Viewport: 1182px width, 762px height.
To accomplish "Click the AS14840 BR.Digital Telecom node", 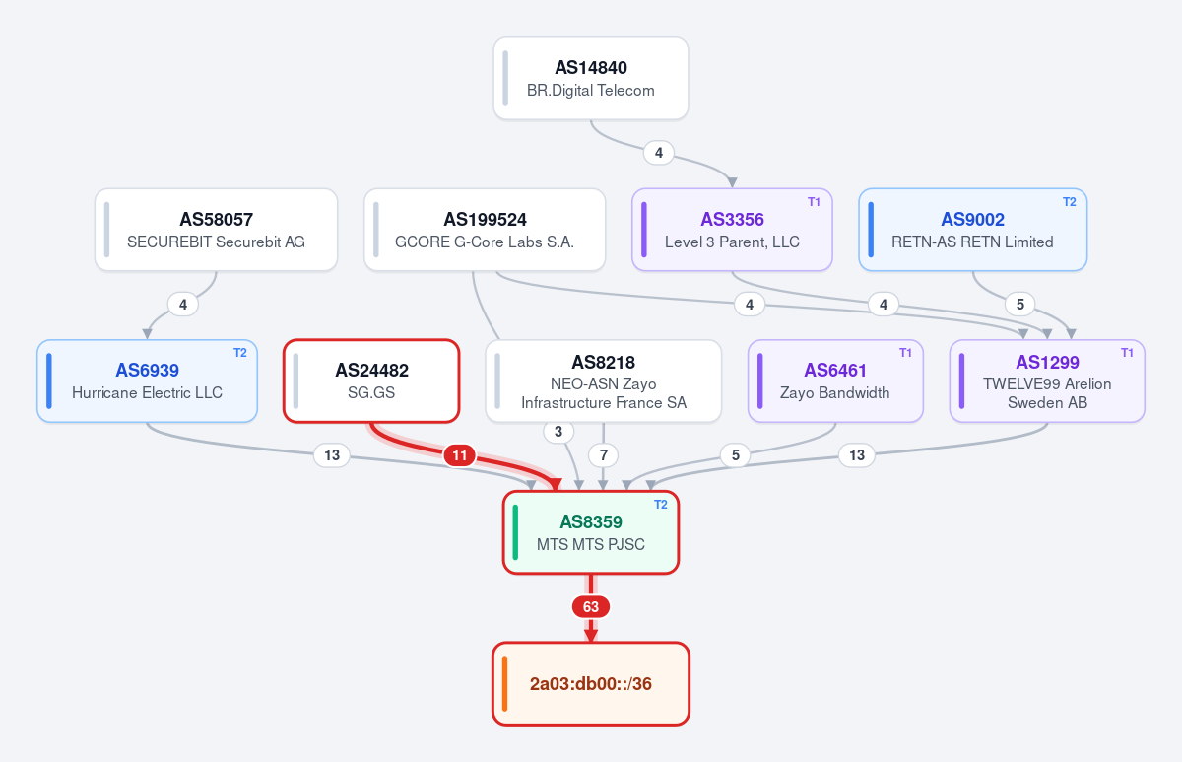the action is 591,78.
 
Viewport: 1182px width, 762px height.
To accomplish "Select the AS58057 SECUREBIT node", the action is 217,230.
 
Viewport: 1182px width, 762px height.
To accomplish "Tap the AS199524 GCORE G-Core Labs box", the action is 485,230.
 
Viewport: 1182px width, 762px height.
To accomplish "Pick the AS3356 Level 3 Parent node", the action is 732,230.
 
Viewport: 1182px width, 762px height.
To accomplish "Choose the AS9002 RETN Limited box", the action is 972,230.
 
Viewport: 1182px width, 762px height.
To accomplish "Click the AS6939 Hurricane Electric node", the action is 147,381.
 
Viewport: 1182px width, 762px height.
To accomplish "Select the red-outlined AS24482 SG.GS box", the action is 371,381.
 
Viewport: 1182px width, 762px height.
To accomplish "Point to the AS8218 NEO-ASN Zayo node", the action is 603,381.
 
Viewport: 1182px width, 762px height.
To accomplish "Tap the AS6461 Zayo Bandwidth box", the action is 835,381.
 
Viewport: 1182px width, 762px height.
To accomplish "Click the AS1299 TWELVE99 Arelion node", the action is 1047,381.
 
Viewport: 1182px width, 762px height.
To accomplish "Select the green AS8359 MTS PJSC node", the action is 591,532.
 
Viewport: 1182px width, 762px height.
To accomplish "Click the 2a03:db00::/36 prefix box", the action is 591,684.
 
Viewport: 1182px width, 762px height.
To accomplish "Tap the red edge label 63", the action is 591,607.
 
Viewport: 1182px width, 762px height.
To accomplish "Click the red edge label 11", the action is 460,455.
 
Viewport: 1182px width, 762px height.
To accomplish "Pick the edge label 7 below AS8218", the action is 603,455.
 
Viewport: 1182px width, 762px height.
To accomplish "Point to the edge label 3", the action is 558,432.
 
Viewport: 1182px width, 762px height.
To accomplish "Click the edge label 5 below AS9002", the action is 1020,305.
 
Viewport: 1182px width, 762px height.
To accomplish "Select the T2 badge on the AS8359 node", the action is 661,505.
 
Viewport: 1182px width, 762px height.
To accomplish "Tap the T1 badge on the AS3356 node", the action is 814,202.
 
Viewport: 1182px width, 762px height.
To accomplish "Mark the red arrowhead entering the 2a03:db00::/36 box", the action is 591,635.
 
